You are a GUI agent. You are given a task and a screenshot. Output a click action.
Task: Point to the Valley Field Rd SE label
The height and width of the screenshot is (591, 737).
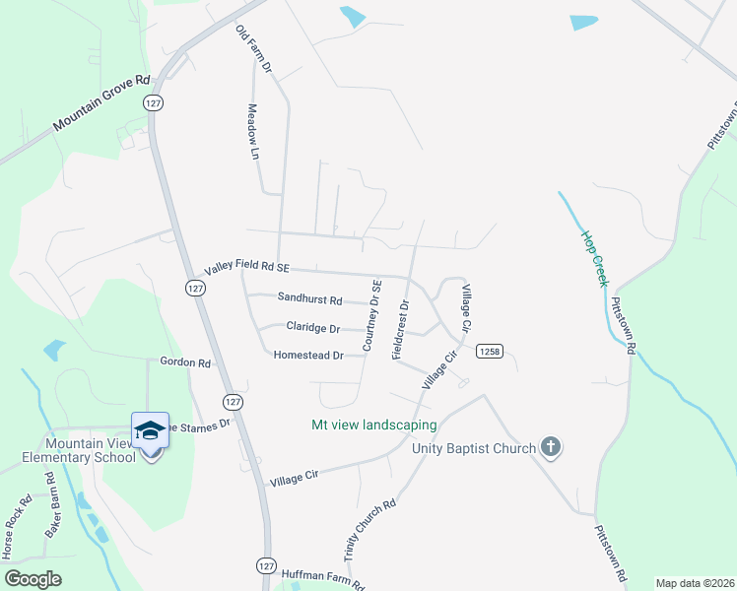(246, 268)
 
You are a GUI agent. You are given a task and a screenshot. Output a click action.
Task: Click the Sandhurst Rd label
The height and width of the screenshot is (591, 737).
(309, 298)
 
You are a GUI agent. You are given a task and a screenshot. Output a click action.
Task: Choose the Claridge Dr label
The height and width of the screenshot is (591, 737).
(312, 327)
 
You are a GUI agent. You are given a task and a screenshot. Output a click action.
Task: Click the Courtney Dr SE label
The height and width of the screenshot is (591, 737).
(370, 314)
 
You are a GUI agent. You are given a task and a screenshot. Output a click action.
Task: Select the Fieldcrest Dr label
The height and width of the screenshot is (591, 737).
(401, 328)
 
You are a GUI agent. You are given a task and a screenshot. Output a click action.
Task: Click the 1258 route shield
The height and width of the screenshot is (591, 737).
(490, 352)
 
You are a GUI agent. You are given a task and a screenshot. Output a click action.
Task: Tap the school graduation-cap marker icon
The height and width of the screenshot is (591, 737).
(150, 430)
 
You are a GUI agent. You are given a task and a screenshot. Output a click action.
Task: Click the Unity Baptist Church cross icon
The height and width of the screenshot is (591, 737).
(551, 449)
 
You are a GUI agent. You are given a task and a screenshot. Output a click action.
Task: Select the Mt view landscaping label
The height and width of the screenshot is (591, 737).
(373, 426)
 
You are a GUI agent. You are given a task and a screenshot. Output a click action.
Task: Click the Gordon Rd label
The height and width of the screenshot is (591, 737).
(185, 362)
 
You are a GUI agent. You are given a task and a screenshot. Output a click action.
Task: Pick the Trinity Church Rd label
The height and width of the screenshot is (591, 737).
(369, 529)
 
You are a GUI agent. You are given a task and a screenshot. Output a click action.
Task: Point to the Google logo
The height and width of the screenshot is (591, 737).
(33, 578)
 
